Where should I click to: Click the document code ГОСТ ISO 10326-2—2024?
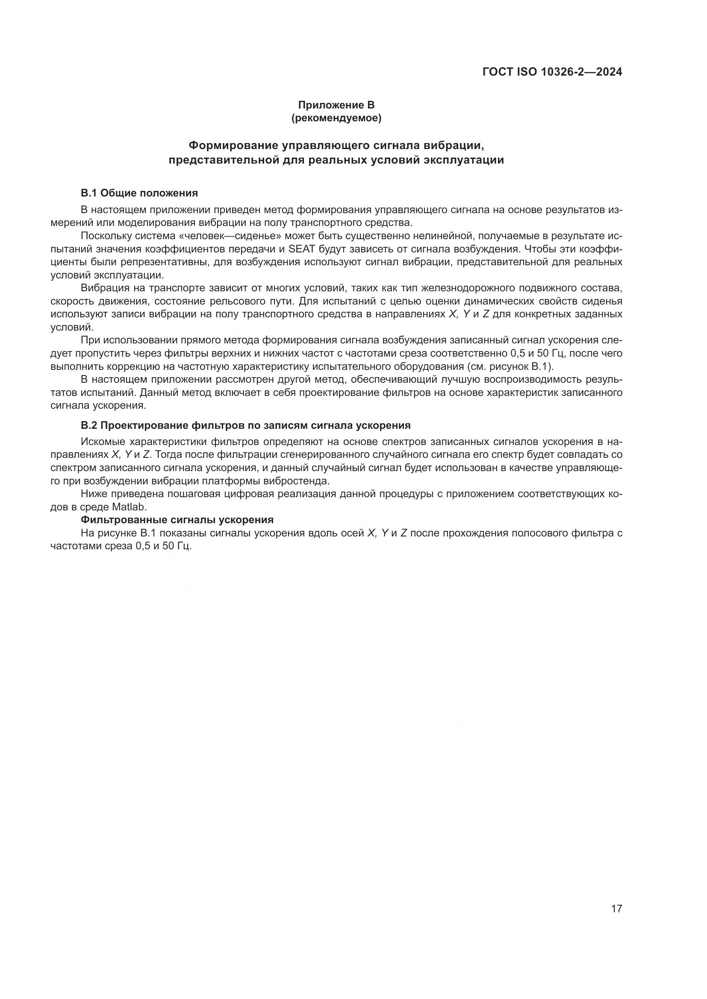(552, 72)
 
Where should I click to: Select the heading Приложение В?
(336, 105)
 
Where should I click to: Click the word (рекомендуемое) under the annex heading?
(336, 118)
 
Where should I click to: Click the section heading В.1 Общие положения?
(139, 193)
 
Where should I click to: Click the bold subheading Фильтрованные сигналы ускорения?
(177, 520)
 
